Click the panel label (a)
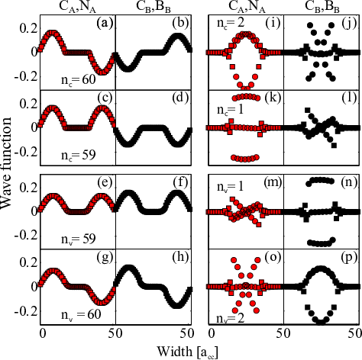coord(104,23)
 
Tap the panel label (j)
coord(348,23)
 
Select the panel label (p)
coord(348,258)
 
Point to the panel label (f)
coord(180,182)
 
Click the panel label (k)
coord(273,98)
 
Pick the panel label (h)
coord(180,257)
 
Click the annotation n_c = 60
coord(79,80)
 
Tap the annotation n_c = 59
coord(79,155)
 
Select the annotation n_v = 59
coord(79,239)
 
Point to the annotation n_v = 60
coord(81,314)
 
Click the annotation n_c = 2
coord(231,23)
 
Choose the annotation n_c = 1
coord(230,110)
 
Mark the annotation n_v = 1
coord(230,187)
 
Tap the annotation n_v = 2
coord(230,319)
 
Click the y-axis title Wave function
coord(6,163)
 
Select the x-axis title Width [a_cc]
coord(187,352)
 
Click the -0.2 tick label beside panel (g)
coord(26,311)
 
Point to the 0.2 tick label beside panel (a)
coord(28,28)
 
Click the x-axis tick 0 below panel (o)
coord(212,333)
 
